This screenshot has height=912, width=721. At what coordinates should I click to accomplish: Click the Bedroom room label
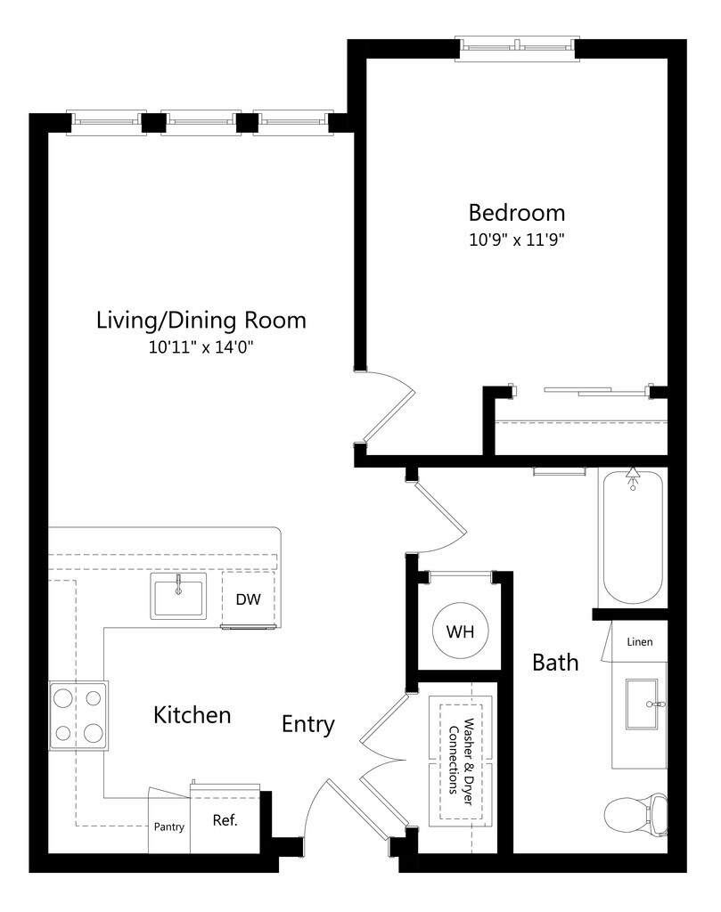click(x=517, y=213)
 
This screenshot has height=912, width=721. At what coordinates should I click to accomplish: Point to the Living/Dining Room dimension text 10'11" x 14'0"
click(x=201, y=347)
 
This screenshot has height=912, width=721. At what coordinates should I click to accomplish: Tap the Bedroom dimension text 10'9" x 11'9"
click(x=517, y=240)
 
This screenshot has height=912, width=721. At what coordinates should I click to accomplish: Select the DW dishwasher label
click(x=249, y=599)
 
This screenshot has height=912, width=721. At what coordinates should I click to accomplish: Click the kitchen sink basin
click(x=178, y=595)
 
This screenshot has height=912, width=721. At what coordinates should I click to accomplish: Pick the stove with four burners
click(x=78, y=715)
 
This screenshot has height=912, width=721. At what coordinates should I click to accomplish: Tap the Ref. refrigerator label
click(x=225, y=820)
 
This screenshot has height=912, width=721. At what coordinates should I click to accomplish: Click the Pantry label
click(x=168, y=826)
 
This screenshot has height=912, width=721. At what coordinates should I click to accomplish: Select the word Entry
click(x=307, y=725)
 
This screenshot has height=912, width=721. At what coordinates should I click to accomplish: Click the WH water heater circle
click(x=460, y=631)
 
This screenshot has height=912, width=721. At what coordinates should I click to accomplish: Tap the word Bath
click(x=556, y=663)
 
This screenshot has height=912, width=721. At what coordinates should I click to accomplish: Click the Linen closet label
click(x=640, y=642)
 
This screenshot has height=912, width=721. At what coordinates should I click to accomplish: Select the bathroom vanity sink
click(x=642, y=704)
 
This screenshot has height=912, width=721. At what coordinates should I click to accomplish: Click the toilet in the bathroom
click(x=636, y=816)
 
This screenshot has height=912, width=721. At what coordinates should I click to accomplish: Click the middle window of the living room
click(x=201, y=122)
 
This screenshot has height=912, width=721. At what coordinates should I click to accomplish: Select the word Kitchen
click(x=192, y=715)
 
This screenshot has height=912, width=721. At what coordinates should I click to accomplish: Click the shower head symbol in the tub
click(x=633, y=478)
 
